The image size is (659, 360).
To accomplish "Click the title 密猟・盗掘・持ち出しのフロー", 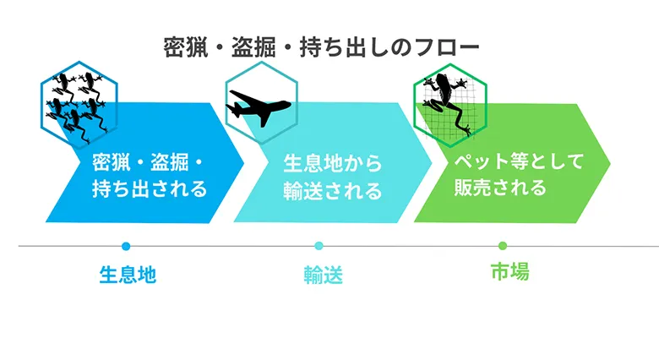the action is point(321,47).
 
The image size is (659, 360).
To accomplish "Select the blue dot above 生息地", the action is point(126,246).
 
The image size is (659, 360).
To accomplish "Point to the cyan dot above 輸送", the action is point(319,246).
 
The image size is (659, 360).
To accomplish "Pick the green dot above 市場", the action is point(503,246).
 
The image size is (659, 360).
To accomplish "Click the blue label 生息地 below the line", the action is point(128,275).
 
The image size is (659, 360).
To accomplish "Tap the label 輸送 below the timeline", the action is point(324,275).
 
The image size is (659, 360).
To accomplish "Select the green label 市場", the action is point(509,271).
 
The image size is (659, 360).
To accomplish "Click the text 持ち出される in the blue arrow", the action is point(150,188).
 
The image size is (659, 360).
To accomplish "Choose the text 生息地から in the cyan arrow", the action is point(332,163).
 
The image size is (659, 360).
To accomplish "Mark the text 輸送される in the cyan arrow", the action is point(332,190).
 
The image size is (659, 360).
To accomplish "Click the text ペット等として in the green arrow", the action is point(519,161).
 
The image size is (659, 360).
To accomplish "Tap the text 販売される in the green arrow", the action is point(500,187).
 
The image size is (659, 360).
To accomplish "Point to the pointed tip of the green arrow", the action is point(610,163).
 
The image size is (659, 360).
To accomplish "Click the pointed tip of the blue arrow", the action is point(244,163).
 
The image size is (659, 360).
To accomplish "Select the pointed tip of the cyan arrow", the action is point(432,163).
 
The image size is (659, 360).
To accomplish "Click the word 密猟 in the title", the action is point(185,47).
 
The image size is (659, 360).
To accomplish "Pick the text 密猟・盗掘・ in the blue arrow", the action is point(148,163).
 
